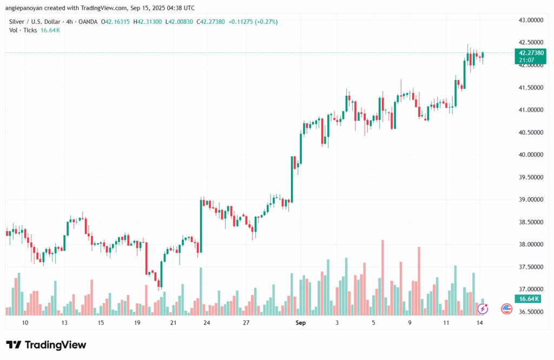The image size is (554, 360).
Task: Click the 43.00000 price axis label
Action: click(x=531, y=20)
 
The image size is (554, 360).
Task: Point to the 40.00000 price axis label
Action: click(x=531, y=155)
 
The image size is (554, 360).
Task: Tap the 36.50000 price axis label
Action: click(x=531, y=312)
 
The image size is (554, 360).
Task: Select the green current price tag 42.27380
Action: click(x=531, y=53)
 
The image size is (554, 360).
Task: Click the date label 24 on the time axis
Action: click(x=207, y=323)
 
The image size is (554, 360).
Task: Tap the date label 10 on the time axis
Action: click(x=25, y=323)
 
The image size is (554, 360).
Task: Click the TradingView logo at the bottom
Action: click(x=46, y=345)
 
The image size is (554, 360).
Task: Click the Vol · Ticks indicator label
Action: click(x=23, y=30)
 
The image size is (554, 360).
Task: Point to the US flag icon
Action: click(x=507, y=309)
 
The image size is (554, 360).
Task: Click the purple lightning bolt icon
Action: click(x=483, y=309)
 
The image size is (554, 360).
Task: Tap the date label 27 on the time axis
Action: click(x=246, y=323)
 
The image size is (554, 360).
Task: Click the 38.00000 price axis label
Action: click(x=531, y=245)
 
